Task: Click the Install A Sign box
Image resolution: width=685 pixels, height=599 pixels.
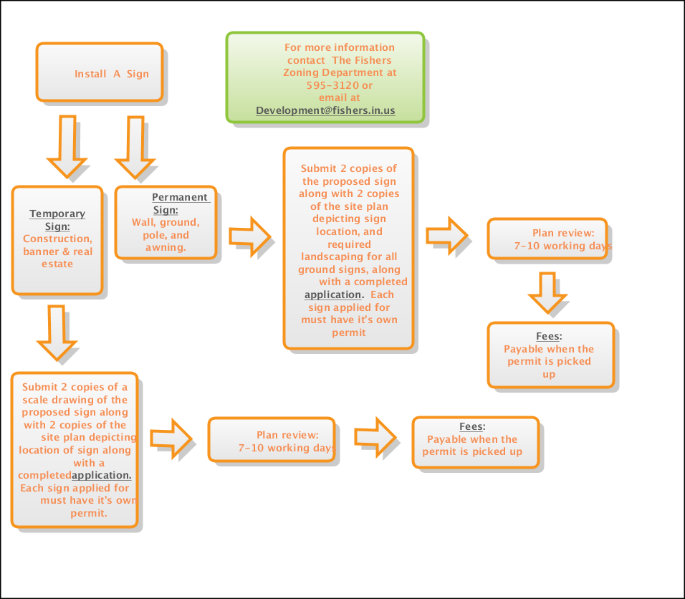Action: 100,72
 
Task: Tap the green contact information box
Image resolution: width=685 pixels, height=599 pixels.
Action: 326,77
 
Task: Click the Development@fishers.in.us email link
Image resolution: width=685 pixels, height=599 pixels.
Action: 325,110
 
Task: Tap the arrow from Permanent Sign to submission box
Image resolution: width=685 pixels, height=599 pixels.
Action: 250,236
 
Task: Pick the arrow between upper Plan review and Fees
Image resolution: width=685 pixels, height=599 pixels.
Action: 547,292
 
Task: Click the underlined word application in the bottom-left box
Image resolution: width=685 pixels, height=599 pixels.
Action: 101,475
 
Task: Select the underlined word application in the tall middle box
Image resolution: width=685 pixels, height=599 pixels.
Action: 332,294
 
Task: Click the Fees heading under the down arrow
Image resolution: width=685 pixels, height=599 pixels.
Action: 549,337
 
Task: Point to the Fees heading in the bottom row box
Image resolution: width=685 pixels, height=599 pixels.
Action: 472,427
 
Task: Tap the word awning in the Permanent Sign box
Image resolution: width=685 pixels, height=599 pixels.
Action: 164,247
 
